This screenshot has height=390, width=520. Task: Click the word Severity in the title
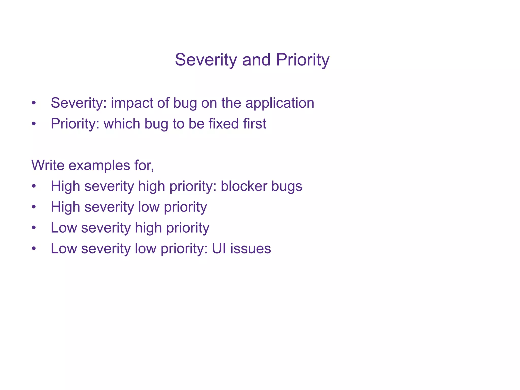[206, 60]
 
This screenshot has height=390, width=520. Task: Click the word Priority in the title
[302, 60]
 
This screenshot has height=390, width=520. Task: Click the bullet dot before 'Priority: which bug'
[34, 124]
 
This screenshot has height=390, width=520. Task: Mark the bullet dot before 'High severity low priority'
[34, 207]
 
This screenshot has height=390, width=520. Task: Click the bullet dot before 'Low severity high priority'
[34, 228]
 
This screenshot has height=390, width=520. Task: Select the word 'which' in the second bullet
[122, 124]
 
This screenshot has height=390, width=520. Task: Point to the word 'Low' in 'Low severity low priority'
[64, 249]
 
